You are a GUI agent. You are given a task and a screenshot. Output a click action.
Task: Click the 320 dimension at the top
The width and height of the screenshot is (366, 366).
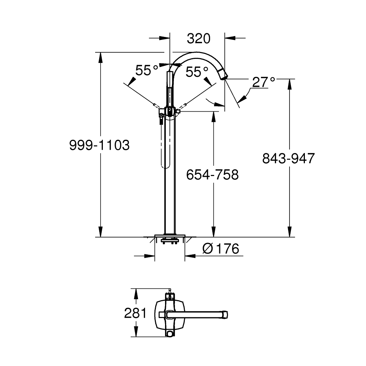(199, 38)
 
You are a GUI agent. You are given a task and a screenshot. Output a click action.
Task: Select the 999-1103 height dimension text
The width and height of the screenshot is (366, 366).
(100, 146)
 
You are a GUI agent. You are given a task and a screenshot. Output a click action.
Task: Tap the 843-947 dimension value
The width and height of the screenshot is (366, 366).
(288, 158)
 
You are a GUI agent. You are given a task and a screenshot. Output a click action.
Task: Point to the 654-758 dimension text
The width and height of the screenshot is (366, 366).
(212, 175)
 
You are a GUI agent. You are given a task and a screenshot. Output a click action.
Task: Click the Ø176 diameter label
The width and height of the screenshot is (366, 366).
(221, 249)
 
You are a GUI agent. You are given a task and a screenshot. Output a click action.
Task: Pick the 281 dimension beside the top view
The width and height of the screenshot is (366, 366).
(135, 313)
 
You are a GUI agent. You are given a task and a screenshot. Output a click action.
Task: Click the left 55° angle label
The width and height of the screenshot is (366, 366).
(146, 70)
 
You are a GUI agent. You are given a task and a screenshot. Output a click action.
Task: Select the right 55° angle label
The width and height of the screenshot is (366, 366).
(197, 72)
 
